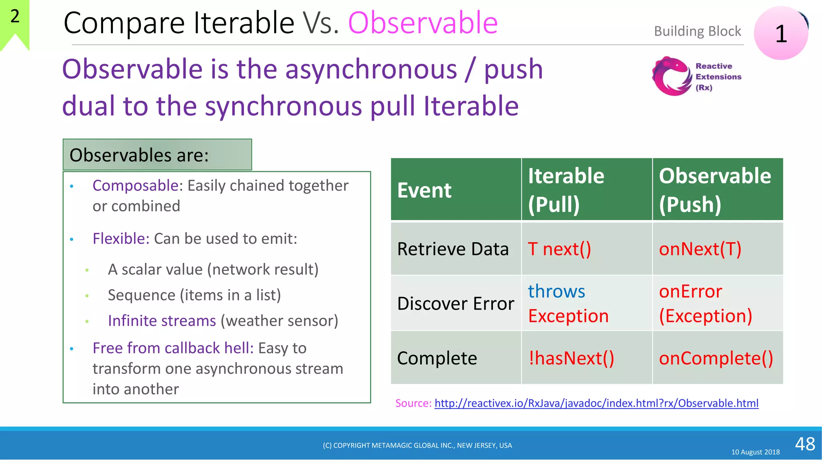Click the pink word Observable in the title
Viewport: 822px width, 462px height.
[423, 23]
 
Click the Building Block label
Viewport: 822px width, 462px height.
[697, 31]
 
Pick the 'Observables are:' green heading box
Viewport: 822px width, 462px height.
[157, 155]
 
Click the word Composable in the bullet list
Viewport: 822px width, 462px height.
[135, 186]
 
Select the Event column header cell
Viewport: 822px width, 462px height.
[456, 190]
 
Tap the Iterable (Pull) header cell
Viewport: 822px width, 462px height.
[586, 190]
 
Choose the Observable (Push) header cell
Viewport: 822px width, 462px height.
[717, 190]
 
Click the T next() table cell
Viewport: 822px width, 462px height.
[559, 249]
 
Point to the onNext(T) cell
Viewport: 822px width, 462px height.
[700, 249]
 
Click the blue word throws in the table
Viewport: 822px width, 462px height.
[556, 291]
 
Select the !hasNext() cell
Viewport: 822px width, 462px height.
[571, 358]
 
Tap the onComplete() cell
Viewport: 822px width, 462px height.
[716, 358]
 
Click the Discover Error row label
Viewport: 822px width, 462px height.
[456, 304]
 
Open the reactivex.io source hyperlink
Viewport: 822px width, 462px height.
[596, 403]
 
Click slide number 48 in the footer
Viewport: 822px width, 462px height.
[805, 444]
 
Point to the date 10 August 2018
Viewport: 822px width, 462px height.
[755, 452]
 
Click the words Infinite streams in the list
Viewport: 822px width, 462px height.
[162, 321]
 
